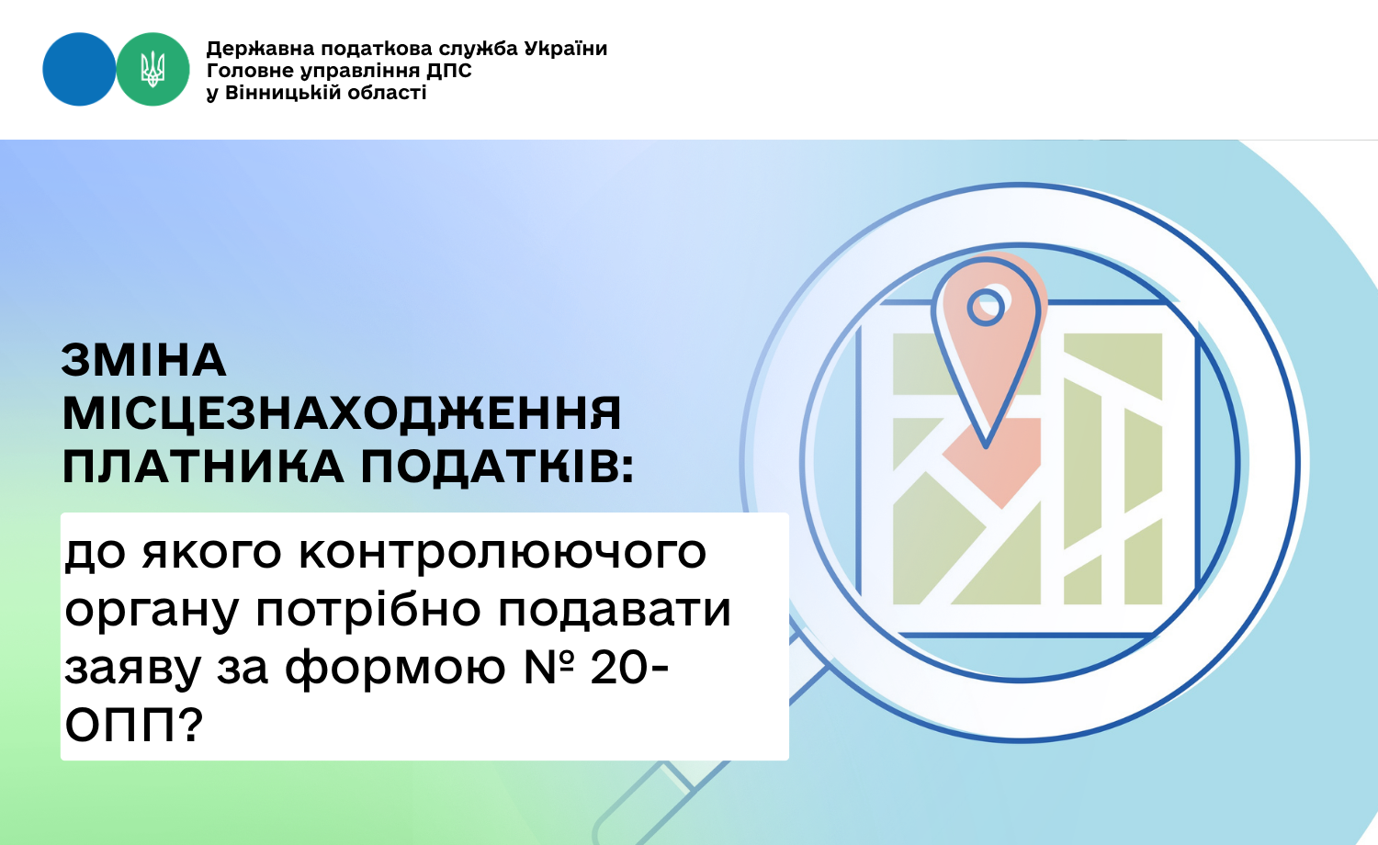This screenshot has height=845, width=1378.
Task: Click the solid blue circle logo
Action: tap(79, 69)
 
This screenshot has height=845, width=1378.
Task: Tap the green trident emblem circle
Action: tap(152, 69)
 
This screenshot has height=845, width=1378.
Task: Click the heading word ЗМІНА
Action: tap(143, 360)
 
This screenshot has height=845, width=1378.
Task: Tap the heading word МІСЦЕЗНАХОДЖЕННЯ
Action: tap(342, 412)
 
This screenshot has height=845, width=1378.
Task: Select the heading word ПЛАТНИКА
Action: tap(203, 467)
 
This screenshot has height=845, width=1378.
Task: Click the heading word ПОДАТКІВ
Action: tap(497, 467)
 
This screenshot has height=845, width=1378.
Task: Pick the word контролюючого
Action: tap(503, 552)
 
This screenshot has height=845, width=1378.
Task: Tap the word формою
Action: tap(395, 668)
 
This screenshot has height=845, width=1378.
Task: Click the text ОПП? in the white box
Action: tap(133, 725)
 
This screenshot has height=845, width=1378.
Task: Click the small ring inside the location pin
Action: tap(986, 307)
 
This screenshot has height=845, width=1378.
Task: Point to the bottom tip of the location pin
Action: tap(986, 447)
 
